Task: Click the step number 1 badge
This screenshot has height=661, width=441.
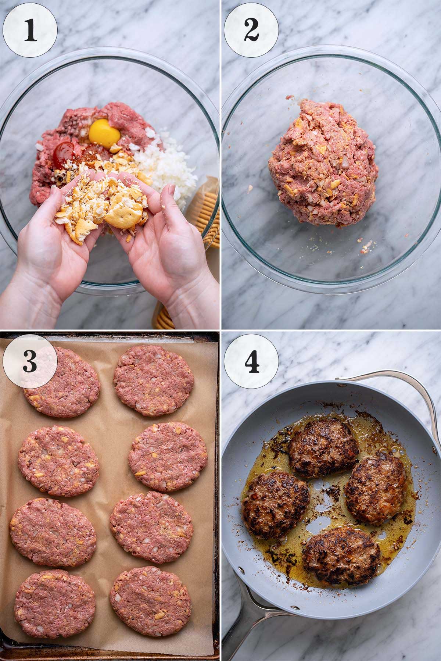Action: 30,30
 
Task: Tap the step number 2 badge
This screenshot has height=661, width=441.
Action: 251,30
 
